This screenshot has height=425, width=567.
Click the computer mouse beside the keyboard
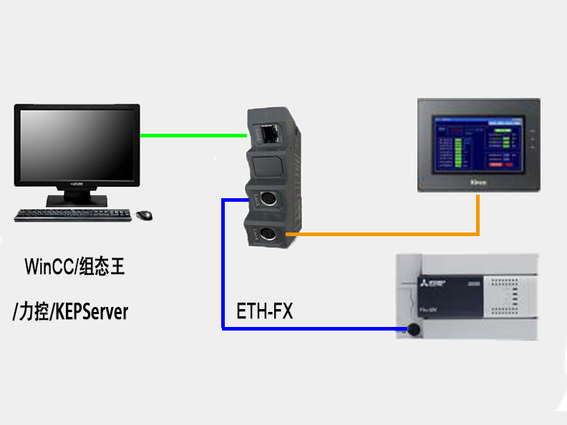[x=144, y=214]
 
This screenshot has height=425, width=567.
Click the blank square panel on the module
[x=270, y=165]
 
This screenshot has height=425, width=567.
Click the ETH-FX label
[x=265, y=312]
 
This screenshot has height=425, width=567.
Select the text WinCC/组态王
[x=75, y=268]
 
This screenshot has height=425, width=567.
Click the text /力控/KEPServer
[x=71, y=312]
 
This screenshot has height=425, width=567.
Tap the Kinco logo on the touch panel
[x=479, y=184]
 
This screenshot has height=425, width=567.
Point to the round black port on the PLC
[x=412, y=330]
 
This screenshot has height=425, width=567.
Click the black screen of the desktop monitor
[x=76, y=145]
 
